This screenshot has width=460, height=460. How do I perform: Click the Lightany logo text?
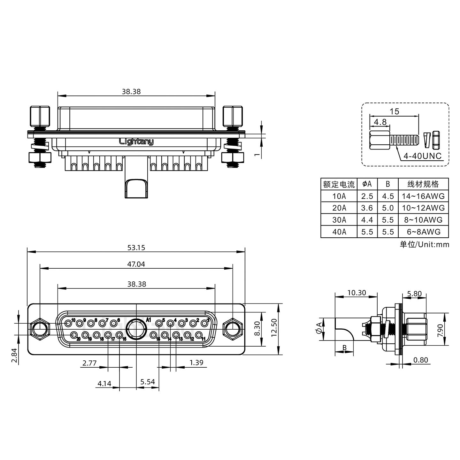tap(136, 142)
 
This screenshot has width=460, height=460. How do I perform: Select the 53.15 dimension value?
tap(136, 248)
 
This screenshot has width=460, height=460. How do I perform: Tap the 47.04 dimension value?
tap(136, 264)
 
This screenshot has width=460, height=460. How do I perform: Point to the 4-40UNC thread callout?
tap(422, 156)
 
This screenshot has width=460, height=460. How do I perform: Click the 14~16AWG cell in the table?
tap(423, 196)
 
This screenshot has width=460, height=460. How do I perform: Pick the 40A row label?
tap(339, 232)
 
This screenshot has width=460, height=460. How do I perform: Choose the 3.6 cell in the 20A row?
tap(367, 208)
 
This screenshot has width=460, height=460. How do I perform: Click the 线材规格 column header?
tap(423, 184)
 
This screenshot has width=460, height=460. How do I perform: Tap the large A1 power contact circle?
tap(136, 329)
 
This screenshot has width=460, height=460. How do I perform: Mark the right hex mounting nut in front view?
tap(233, 329)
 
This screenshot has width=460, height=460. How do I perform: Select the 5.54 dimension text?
tap(147, 382)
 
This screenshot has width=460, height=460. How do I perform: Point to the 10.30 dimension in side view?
tap(356, 293)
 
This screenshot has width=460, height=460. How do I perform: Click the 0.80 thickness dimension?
tap(420, 360)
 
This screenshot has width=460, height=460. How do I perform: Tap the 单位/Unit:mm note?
tap(424, 245)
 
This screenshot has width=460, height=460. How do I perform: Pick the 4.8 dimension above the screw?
tap(380, 122)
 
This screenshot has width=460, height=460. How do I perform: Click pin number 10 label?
tap(73, 320)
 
